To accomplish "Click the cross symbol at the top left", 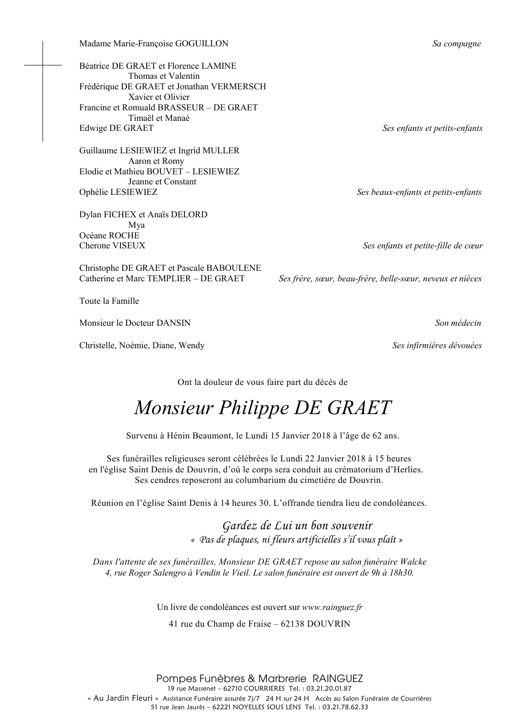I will [43, 64].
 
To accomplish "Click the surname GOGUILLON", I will [202, 44].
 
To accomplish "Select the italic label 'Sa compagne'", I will [456, 44].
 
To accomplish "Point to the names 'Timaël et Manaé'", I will [159, 118].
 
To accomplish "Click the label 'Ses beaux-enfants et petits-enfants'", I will [419, 192].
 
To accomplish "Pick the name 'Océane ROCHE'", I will [109, 235].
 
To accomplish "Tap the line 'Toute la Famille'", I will [109, 301].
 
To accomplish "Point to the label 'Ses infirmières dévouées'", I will [437, 345].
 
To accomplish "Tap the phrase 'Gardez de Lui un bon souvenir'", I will [297, 526].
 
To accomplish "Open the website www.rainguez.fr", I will [332, 608].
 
